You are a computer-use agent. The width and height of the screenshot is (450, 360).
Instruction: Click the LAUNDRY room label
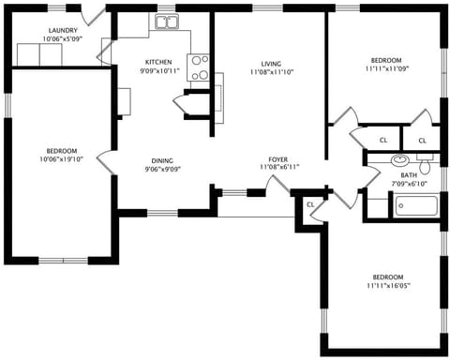[63, 30]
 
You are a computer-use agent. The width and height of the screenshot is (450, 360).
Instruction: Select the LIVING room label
[272, 63]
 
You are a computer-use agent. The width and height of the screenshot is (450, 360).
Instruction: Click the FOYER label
[278, 158]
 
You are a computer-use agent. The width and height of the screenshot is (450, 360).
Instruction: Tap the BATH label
[409, 174]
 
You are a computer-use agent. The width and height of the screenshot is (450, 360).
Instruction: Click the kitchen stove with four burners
[200, 67]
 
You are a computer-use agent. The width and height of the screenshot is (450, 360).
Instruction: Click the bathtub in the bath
[415, 205]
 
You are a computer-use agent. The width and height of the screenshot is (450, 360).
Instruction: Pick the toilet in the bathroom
[425, 166]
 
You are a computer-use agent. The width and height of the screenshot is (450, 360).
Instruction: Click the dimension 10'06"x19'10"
[62, 159]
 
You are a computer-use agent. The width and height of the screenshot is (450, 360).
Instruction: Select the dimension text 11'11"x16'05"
[387, 285]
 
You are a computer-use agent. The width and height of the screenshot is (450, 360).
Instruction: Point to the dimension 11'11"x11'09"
[387, 67]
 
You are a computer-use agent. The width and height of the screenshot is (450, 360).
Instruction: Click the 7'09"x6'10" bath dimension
[409, 183]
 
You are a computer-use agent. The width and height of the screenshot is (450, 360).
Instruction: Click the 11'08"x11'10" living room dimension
[272, 71]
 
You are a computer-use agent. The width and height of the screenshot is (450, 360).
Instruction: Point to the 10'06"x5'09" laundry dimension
[63, 39]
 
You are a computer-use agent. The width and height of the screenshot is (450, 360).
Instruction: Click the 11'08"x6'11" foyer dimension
[278, 167]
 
